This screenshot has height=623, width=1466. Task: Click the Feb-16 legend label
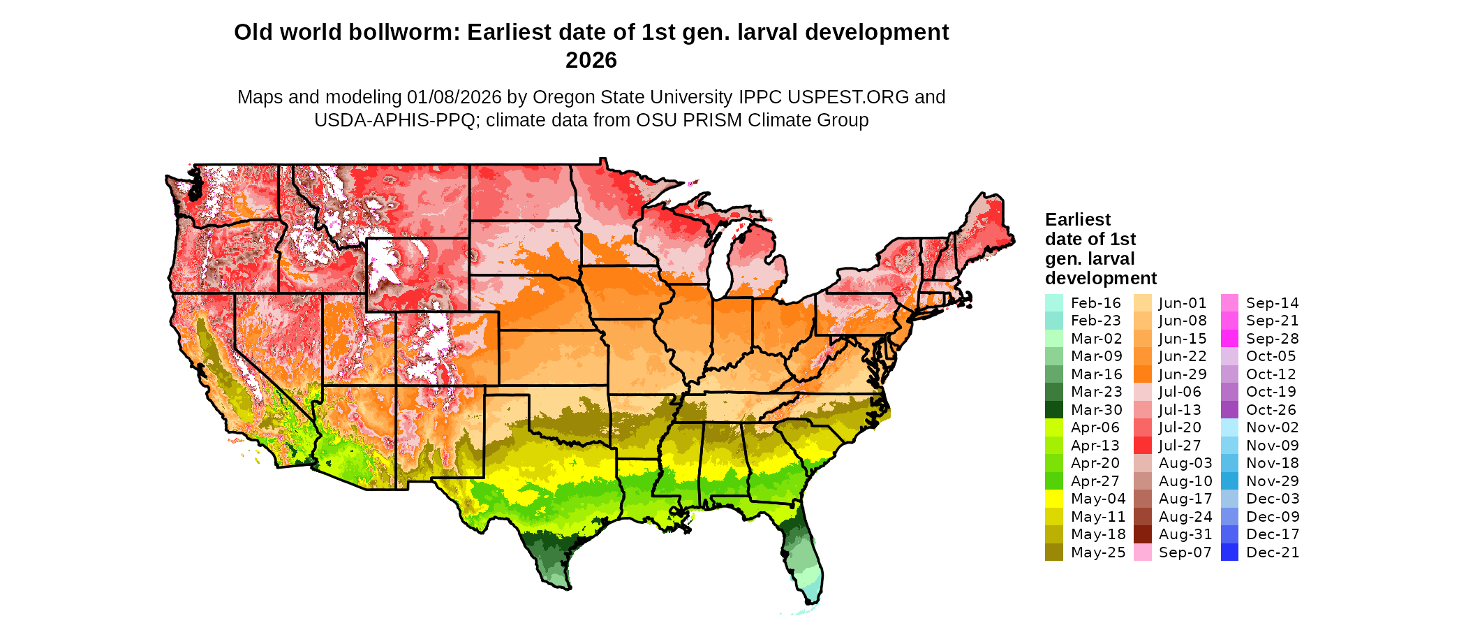[x=1095, y=303]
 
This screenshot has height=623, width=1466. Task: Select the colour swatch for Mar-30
[x=1054, y=410]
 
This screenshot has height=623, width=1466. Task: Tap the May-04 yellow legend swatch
[x=1054, y=499]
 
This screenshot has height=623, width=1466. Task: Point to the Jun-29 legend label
[x=1183, y=374]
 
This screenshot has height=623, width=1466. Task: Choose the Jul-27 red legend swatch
[x=1143, y=446]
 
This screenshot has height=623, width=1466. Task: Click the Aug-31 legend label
[x=1185, y=534]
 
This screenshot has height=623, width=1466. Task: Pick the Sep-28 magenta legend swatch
[x=1230, y=339]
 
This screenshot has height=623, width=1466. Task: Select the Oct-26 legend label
[x=1271, y=410]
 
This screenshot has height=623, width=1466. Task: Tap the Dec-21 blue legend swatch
[x=1230, y=552]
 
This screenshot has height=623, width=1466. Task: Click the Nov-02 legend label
[x=1272, y=427]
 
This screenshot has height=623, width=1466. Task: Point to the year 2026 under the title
[x=591, y=61]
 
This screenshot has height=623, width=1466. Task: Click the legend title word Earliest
[x=1077, y=220]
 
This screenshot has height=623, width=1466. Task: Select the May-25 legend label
[x=1098, y=552]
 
